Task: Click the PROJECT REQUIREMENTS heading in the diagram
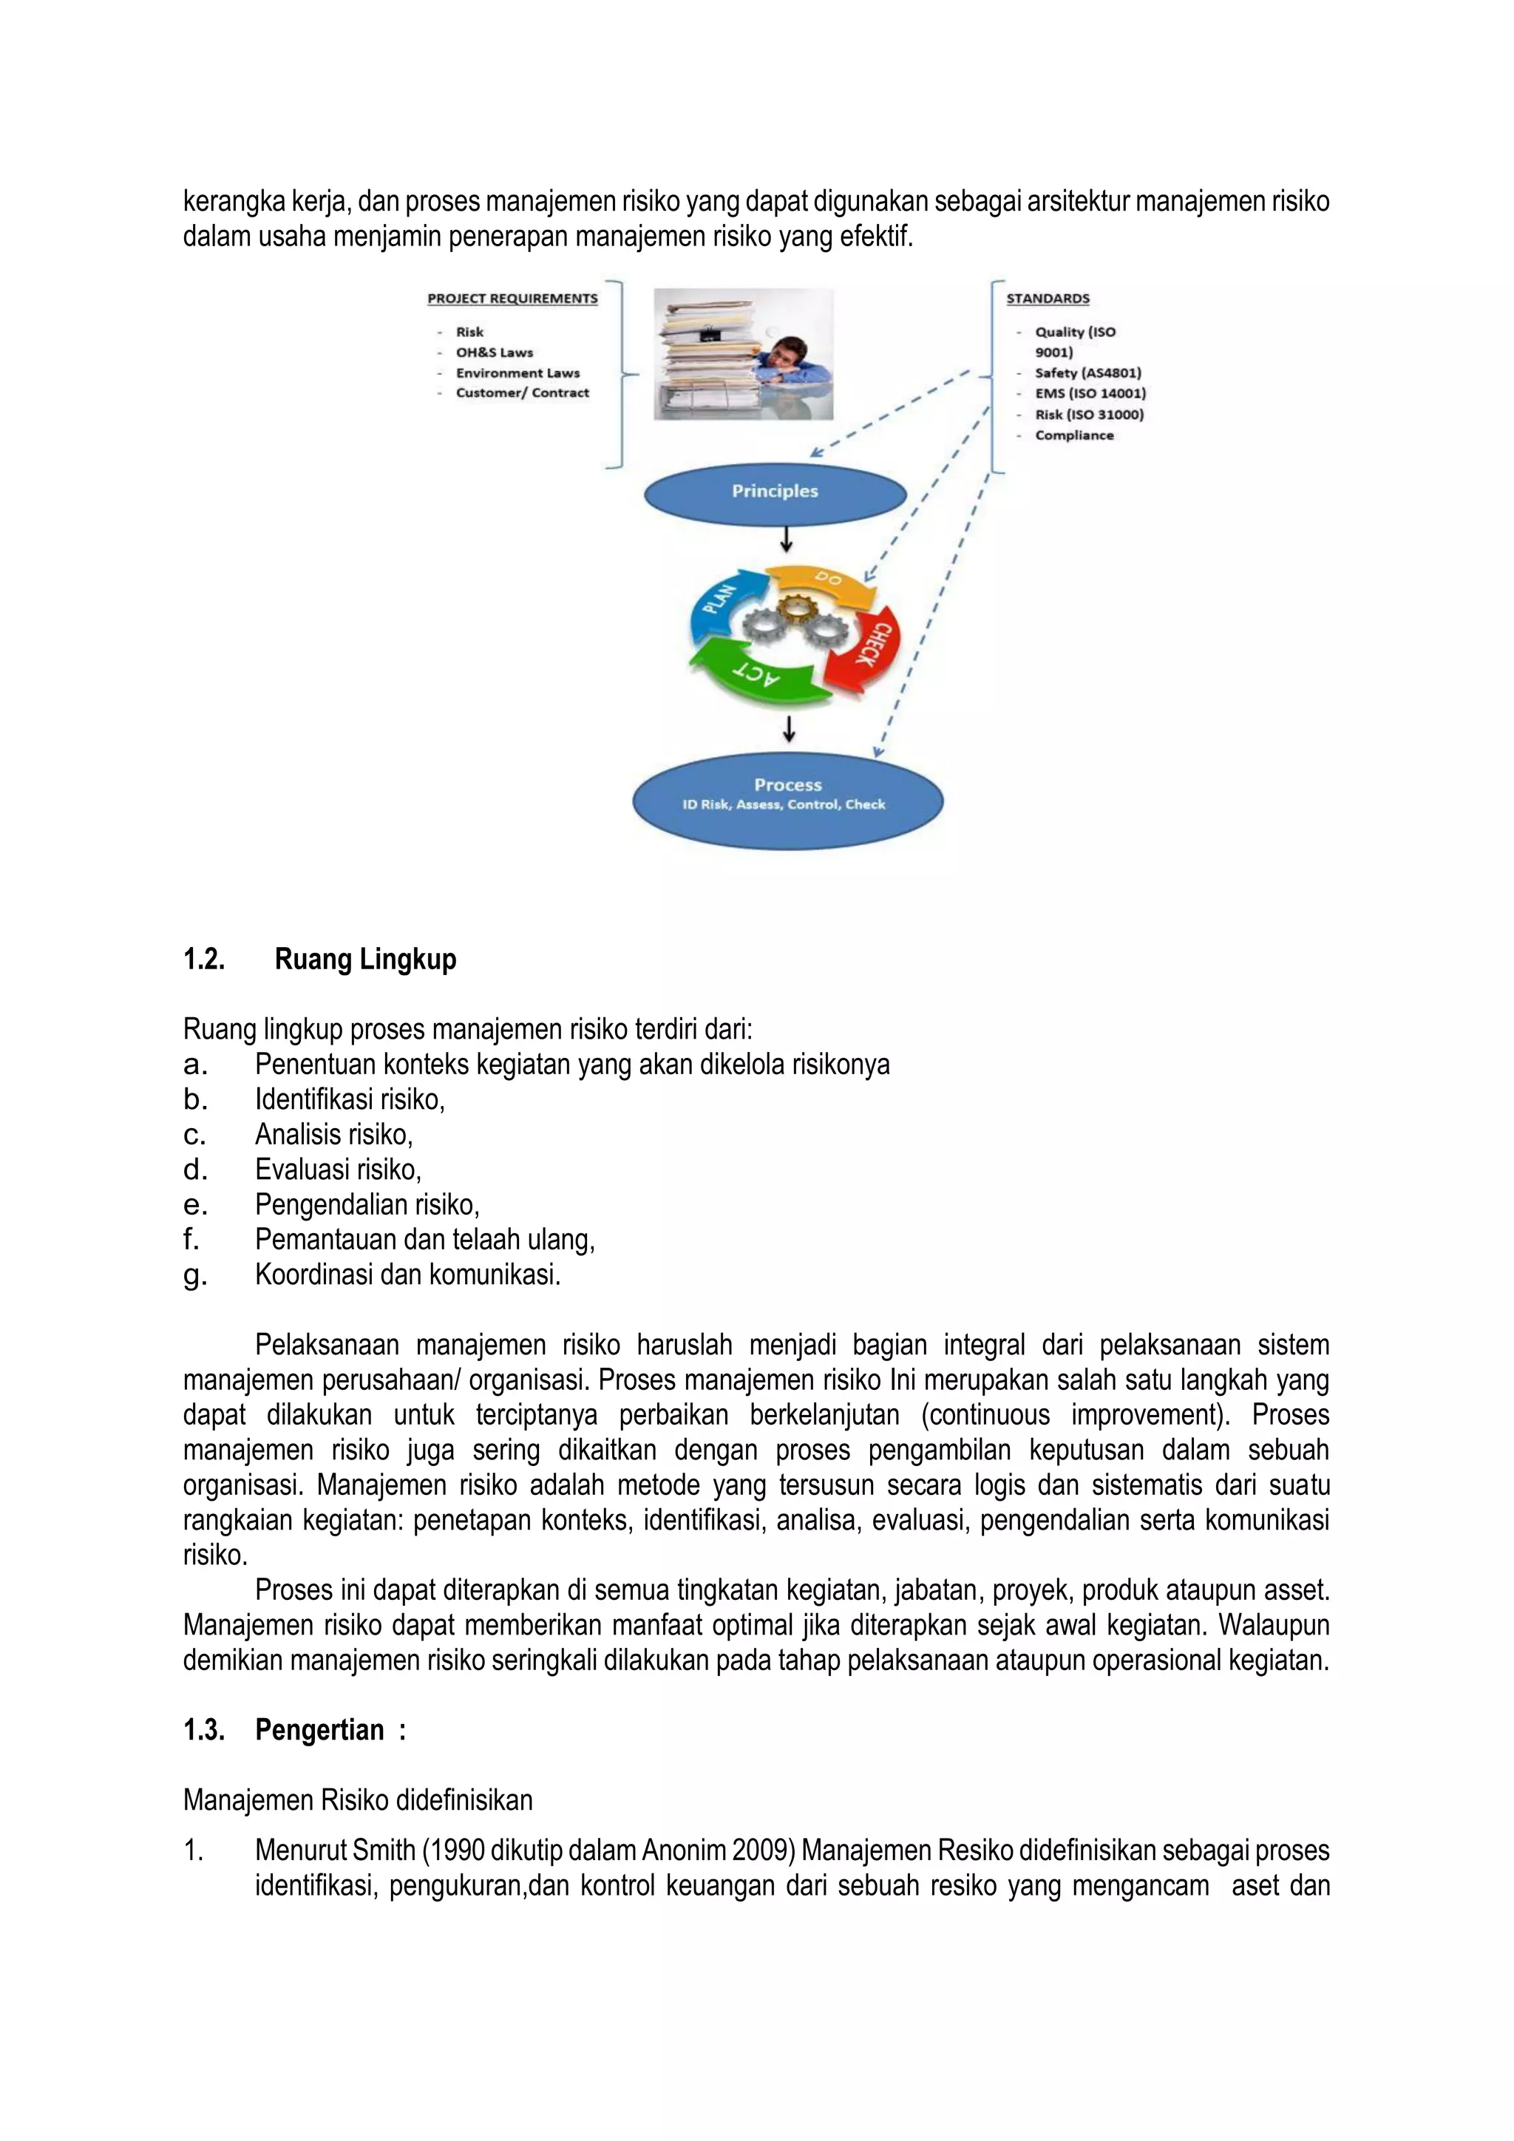coord(512,299)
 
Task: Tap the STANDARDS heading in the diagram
coord(1047,299)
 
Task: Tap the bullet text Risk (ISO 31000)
coord(1089,414)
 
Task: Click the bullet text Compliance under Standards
coord(1074,435)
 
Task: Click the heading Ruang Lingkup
coord(365,959)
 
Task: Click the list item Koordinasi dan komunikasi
coord(407,1275)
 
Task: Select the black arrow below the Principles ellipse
coord(786,540)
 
